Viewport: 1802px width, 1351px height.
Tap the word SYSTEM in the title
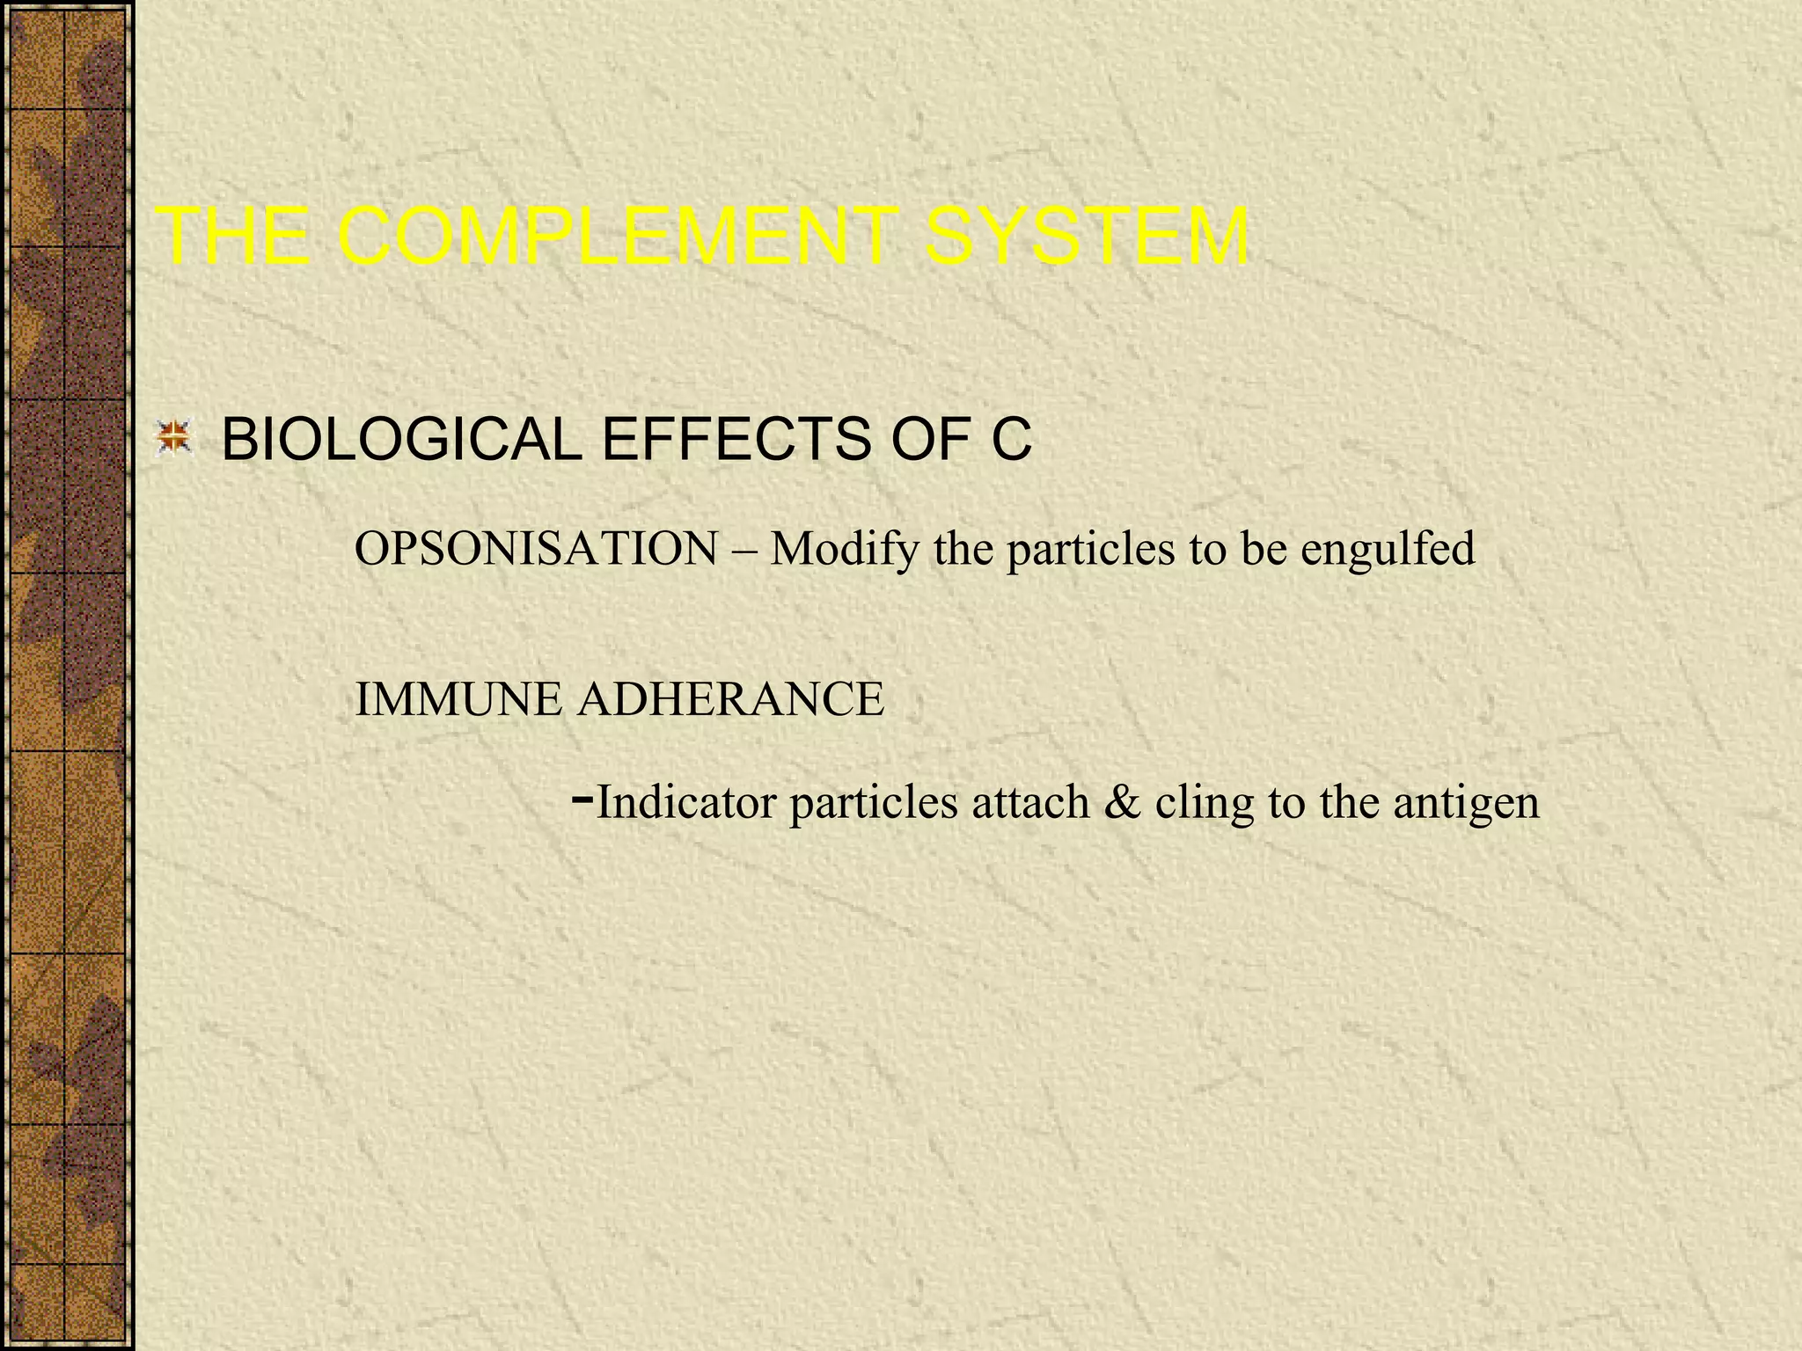pyautogui.click(x=1086, y=237)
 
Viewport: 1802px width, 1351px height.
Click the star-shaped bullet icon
pyautogui.click(x=173, y=439)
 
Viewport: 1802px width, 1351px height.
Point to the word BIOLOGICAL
pyautogui.click(x=401, y=439)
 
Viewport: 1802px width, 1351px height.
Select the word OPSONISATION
pyautogui.click(x=536, y=549)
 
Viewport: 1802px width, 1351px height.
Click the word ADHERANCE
pyautogui.click(x=730, y=700)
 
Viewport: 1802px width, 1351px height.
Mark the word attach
pyautogui.click(x=1029, y=802)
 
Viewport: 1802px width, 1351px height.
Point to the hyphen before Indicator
pyautogui.click(x=582, y=800)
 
